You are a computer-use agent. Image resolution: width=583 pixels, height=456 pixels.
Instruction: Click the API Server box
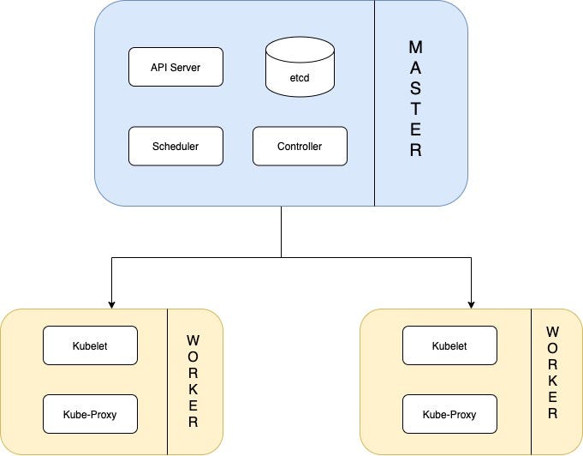(175, 68)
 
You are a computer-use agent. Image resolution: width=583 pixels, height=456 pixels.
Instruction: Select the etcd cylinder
(299, 69)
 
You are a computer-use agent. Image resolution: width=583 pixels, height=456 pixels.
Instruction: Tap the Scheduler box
(175, 146)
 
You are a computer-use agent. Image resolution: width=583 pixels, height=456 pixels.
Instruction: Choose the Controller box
(300, 146)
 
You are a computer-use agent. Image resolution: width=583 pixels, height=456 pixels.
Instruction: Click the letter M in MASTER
(416, 47)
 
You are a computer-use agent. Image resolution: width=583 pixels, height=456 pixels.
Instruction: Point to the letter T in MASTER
(416, 110)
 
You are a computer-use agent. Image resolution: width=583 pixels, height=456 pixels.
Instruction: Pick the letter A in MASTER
(416, 68)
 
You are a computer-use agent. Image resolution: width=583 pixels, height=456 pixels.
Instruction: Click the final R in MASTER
(416, 152)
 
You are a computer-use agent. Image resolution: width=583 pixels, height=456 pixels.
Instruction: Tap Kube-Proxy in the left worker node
(90, 415)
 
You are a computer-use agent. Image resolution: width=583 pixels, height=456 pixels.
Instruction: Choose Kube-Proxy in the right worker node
(449, 415)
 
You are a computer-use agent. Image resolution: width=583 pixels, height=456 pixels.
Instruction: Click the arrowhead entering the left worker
(110, 303)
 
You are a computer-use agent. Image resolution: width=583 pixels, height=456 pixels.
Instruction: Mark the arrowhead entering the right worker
(471, 303)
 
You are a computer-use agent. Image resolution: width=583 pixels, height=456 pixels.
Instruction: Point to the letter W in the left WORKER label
(193, 341)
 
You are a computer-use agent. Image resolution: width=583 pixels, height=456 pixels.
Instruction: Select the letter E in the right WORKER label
(552, 396)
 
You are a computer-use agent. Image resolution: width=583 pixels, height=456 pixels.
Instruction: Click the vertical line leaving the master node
(281, 230)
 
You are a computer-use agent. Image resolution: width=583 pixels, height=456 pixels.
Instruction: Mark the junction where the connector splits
(281, 256)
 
